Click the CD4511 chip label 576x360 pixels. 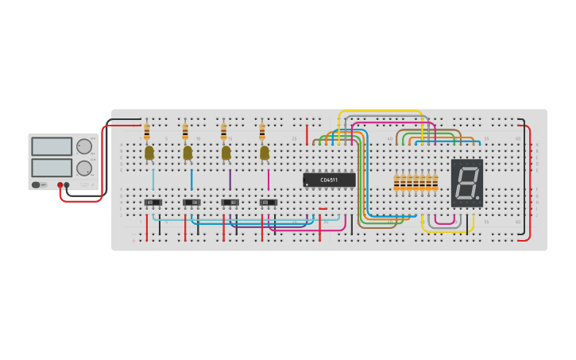[x=329, y=180]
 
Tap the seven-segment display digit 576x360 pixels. [x=466, y=182]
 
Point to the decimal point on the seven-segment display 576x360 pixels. [x=477, y=197]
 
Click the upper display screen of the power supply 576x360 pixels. [x=52, y=147]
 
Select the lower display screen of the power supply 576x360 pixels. [x=52, y=168]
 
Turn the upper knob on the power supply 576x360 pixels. [x=83, y=146]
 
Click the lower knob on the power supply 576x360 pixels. [x=83, y=168]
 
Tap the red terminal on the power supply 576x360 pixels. [x=60, y=185]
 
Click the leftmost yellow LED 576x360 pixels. [x=149, y=153]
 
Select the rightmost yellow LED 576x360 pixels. [x=264, y=153]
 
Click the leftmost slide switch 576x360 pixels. [x=153, y=203]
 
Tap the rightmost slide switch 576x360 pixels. [x=269, y=203]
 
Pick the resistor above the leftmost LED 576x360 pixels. [x=147, y=131]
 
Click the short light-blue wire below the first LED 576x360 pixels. [x=153, y=179]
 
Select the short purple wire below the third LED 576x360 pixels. [x=230, y=179]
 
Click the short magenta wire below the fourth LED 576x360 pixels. [x=269, y=179]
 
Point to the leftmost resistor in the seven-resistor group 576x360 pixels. [x=396, y=183]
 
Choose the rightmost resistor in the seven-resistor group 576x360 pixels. [x=435, y=183]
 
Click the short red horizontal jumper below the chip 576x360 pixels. [x=323, y=209]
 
